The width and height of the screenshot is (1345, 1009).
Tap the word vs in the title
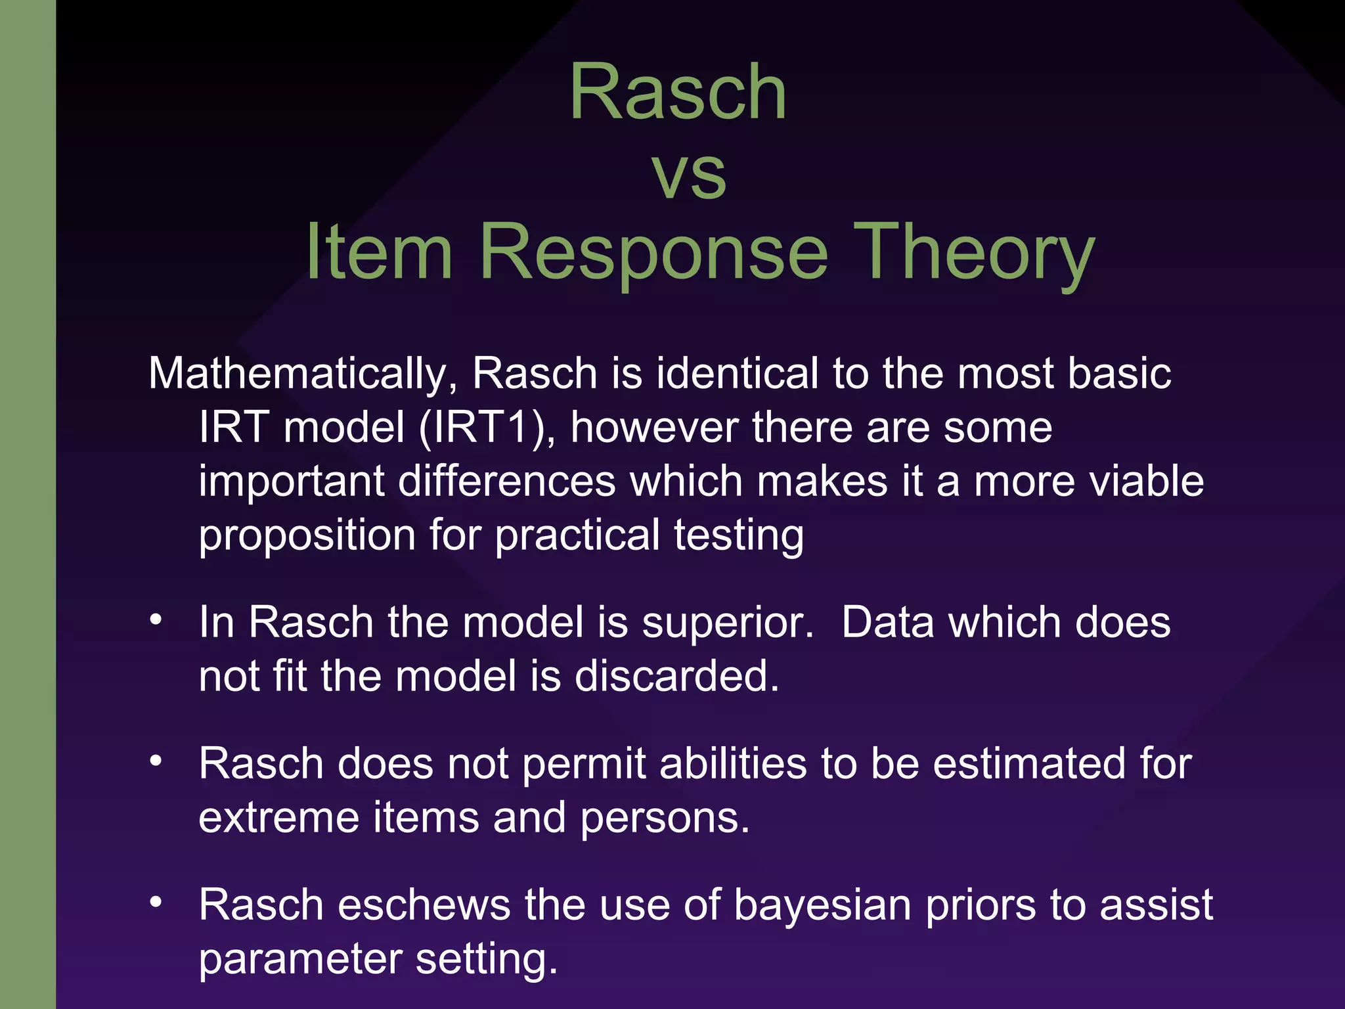point(689,175)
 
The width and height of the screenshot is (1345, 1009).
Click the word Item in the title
point(379,253)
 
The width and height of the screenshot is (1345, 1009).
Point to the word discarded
point(676,677)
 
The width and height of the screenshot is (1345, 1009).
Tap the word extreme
point(279,818)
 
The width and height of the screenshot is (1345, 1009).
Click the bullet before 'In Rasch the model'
point(156,620)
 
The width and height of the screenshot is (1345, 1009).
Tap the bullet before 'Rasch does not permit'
point(156,761)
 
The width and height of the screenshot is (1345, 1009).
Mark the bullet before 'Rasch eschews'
point(156,903)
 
